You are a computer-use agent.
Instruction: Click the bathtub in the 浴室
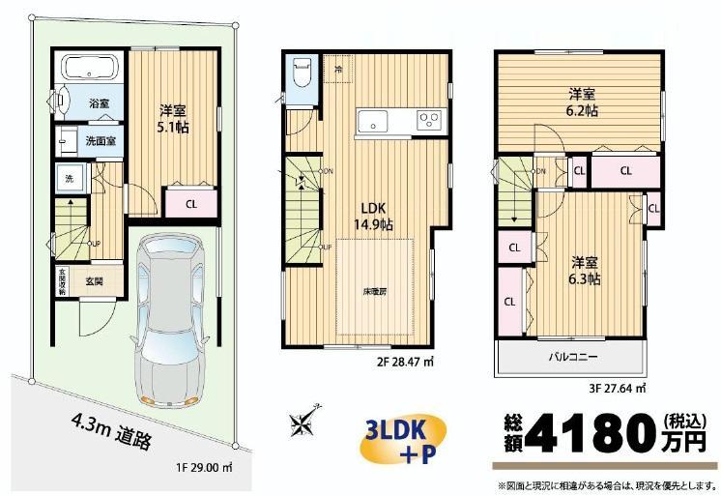point(89,71)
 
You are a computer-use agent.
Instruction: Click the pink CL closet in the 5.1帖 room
point(190,203)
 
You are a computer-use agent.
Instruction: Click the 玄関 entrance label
point(94,282)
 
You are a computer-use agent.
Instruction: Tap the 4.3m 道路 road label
point(111,430)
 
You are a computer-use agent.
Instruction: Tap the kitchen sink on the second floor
point(372,121)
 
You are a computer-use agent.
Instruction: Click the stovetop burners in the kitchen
point(429,121)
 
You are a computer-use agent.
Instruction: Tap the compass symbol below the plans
point(302,423)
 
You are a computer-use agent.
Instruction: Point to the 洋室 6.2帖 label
point(581,102)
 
